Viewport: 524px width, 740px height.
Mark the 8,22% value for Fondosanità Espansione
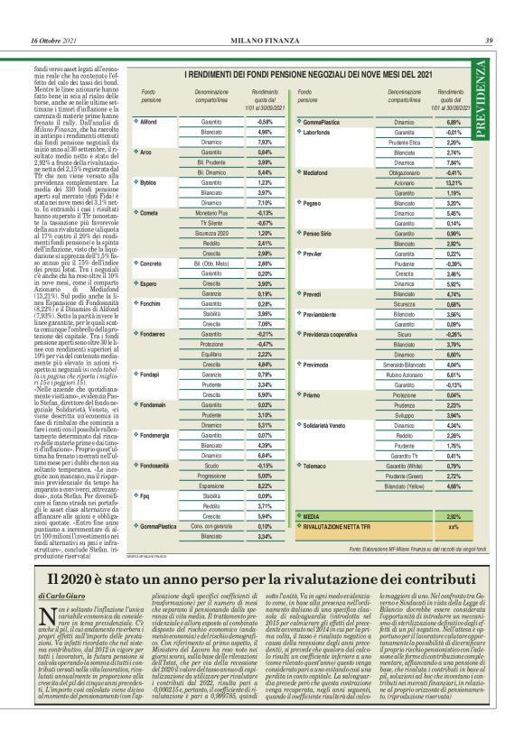(265, 485)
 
